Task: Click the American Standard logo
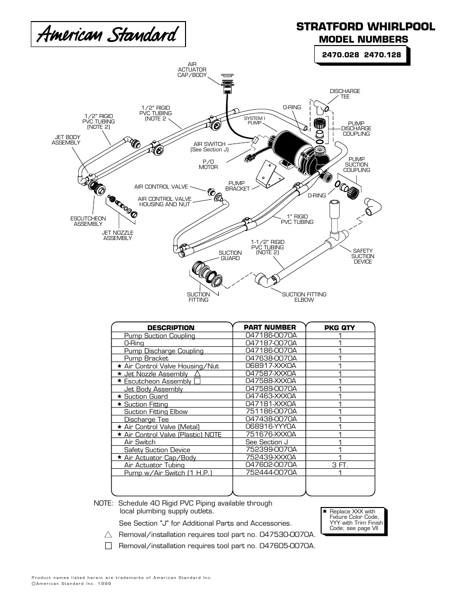click(108, 34)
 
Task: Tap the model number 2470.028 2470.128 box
click(361, 55)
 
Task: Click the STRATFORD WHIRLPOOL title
click(365, 26)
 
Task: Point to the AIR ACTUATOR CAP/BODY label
click(192, 70)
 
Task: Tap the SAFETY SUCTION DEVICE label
click(363, 256)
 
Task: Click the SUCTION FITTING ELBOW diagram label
click(304, 297)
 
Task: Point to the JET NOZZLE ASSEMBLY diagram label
click(117, 235)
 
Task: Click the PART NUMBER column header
click(270, 327)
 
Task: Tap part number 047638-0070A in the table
click(271, 358)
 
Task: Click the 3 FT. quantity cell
click(340, 465)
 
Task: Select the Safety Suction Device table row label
click(157, 450)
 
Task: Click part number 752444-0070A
click(271, 472)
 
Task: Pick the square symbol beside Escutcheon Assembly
click(197, 381)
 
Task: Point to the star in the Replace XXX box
click(325, 511)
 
